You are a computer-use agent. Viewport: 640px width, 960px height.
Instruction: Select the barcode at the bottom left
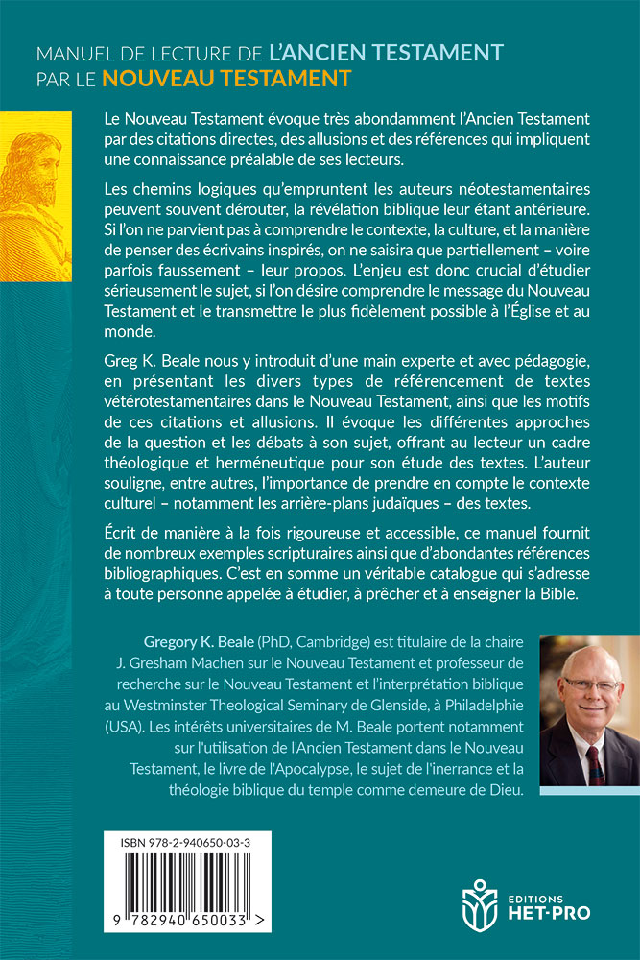point(187,888)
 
